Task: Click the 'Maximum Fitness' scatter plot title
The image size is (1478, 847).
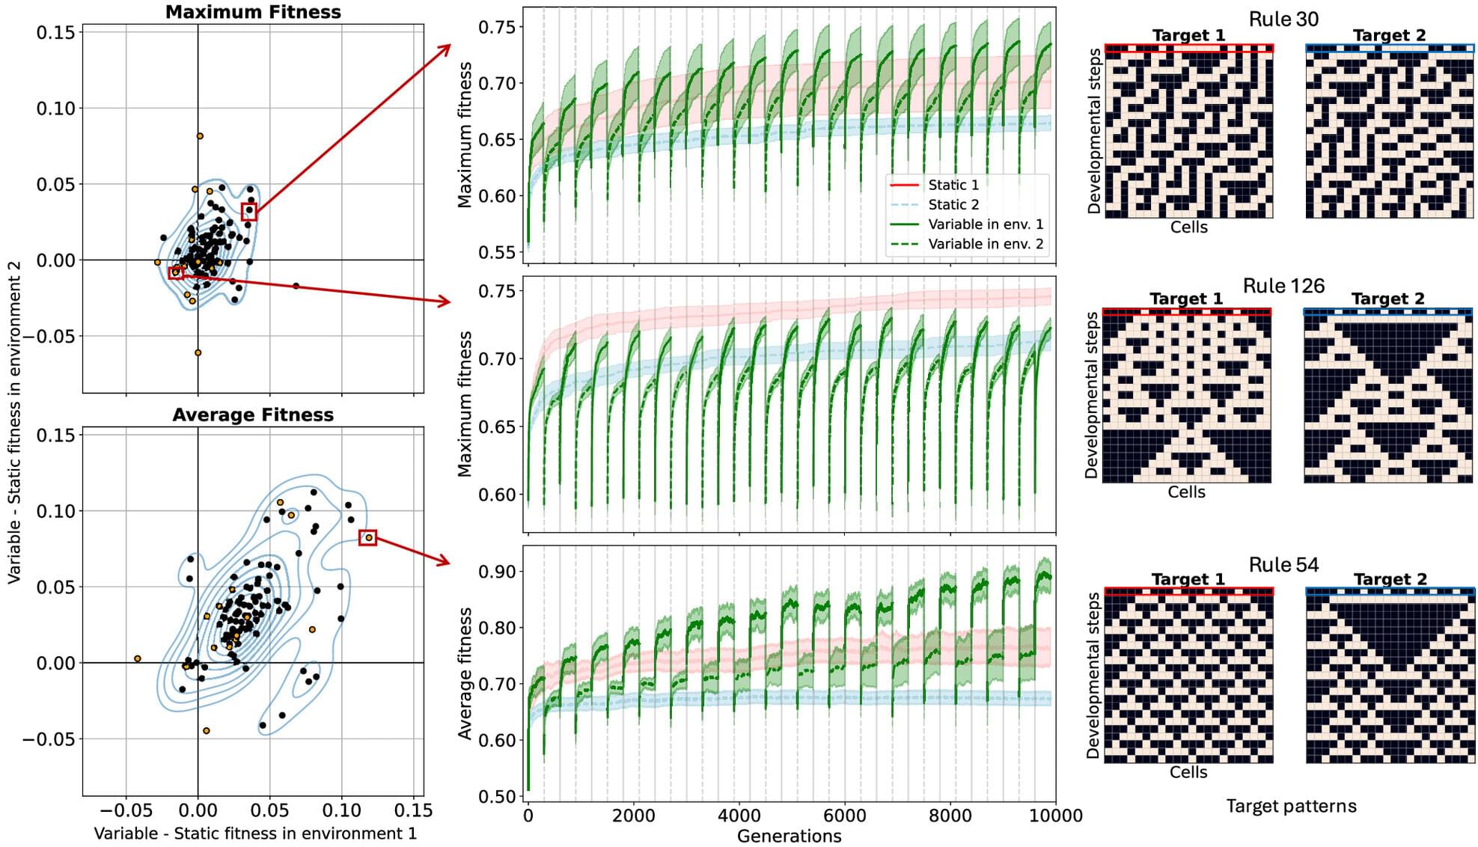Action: click(x=253, y=12)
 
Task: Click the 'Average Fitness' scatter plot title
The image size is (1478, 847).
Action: click(x=253, y=415)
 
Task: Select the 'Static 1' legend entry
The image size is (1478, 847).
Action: click(x=953, y=185)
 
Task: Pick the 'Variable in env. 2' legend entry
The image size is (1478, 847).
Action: click(x=985, y=244)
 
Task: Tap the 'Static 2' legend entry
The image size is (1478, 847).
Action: click(x=953, y=204)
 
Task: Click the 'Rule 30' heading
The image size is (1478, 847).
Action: click(x=1283, y=19)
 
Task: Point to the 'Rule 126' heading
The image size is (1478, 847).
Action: click(x=1283, y=286)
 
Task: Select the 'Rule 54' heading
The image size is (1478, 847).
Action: click(x=1283, y=565)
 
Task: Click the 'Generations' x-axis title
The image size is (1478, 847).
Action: click(x=789, y=836)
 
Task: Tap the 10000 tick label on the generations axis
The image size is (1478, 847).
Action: click(x=1055, y=815)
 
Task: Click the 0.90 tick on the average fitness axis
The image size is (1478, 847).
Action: click(x=497, y=572)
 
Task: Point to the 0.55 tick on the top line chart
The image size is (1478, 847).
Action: click(x=497, y=252)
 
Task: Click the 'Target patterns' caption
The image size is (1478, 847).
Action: click(x=1291, y=806)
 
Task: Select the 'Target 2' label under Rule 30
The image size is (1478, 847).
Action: click(x=1389, y=35)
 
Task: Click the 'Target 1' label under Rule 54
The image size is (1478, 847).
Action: click(x=1188, y=579)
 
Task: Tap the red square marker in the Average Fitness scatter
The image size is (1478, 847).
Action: click(x=367, y=537)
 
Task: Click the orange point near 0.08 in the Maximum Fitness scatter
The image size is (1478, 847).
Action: click(x=200, y=136)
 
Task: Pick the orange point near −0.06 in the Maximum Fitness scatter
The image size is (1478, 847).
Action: click(x=198, y=352)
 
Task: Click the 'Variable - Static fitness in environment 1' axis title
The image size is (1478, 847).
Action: click(x=254, y=834)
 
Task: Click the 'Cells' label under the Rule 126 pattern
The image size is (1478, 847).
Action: click(x=1186, y=492)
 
